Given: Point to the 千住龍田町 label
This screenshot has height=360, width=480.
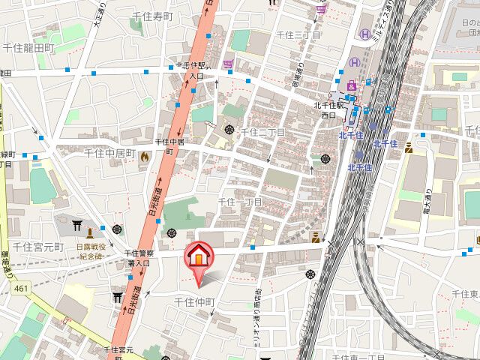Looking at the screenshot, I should [28, 47].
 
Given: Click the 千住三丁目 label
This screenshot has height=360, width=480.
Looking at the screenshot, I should [298, 35].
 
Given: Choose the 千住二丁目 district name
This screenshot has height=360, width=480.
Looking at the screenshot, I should [262, 133].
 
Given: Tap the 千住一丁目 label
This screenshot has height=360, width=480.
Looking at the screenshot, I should [240, 202].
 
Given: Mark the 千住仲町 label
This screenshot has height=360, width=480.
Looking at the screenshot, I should [194, 301].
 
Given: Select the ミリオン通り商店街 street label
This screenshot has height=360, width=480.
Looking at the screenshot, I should [255, 304].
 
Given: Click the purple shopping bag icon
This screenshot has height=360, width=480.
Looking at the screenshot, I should [229, 64].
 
